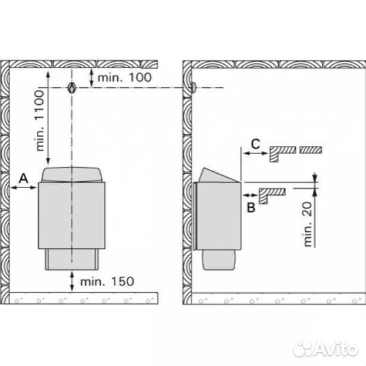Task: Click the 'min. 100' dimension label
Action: [125, 77]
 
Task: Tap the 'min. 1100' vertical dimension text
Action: [40, 121]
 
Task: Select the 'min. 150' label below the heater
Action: [107, 281]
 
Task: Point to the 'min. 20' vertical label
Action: [308, 224]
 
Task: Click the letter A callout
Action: [24, 179]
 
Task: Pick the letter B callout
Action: [251, 207]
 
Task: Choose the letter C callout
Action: [256, 144]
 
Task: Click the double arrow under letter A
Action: [24, 187]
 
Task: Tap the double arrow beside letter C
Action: [255, 153]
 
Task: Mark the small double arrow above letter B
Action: [249, 195]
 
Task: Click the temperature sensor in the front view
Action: [72, 88]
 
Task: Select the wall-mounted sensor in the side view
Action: [194, 88]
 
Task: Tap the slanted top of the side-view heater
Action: [217, 176]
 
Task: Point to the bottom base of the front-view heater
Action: [72, 259]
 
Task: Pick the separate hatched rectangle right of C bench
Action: [311, 150]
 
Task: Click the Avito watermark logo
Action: [326, 349]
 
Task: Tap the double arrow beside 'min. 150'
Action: [72, 281]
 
